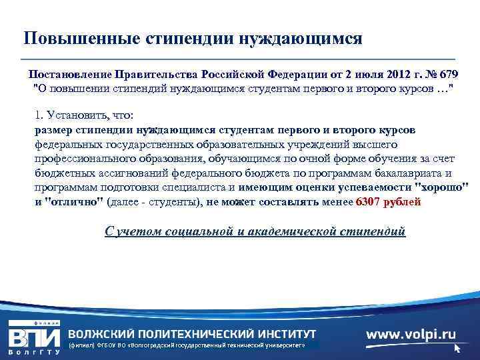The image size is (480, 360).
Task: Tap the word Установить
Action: [71, 114]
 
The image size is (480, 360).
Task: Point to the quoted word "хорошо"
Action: [441, 187]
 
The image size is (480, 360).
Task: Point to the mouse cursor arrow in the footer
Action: [457, 348]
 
